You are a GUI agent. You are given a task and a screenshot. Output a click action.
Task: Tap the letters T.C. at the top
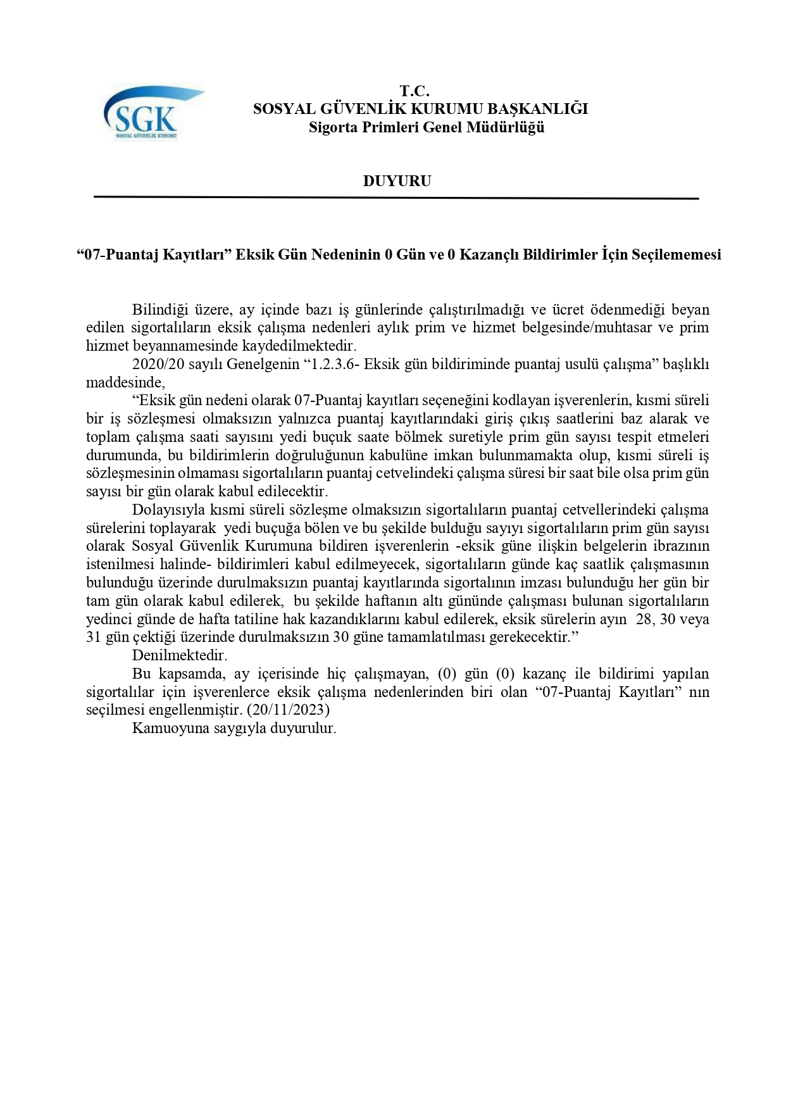tap(415, 91)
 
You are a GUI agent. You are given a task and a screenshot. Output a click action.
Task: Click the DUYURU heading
tap(397, 181)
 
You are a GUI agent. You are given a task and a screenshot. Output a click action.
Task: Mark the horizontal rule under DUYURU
tap(396, 198)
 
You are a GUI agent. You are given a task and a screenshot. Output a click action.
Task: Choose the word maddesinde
tap(125, 382)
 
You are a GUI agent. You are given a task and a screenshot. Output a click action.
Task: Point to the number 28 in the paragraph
tap(644, 619)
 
